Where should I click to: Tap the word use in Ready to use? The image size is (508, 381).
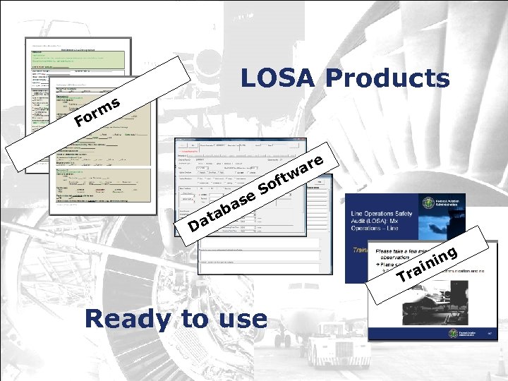241,320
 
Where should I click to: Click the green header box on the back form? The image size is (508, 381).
78,55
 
